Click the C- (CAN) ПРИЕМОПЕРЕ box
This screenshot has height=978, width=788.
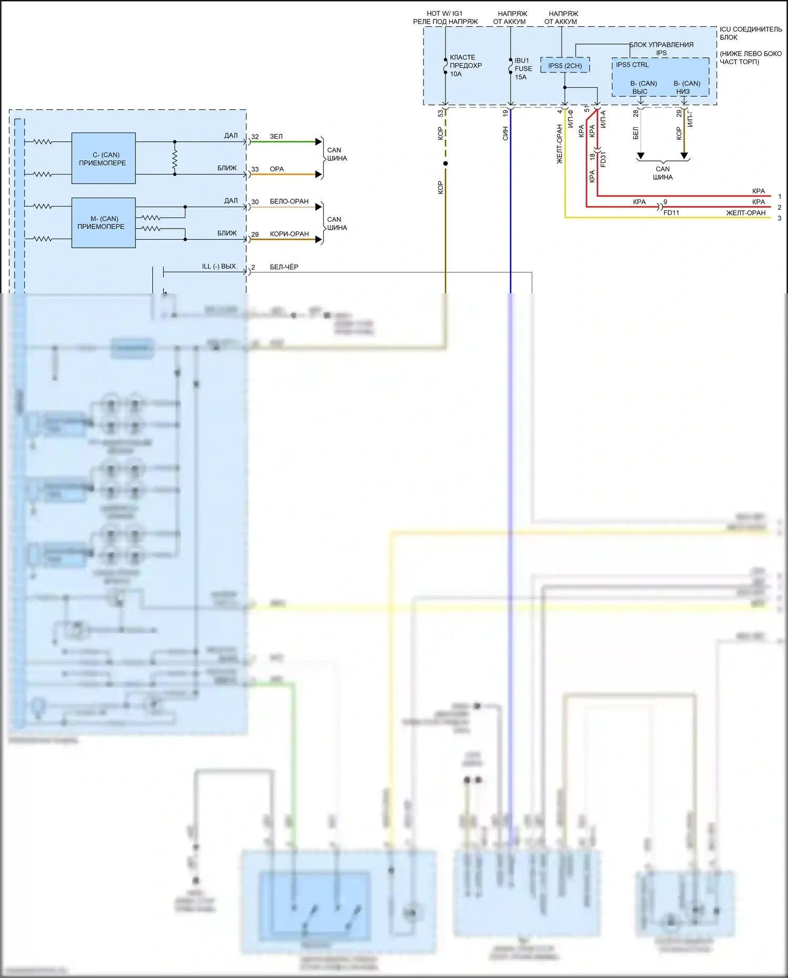pos(103,158)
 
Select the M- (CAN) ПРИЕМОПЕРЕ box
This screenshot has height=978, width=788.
pos(103,222)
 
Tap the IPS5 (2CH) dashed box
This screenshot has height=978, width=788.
pos(565,66)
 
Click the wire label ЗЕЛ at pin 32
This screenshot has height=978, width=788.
pos(276,137)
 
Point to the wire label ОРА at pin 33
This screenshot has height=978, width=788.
pos(277,169)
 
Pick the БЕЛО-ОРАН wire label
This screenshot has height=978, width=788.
pos(289,201)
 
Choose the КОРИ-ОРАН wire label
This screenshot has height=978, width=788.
pos(289,234)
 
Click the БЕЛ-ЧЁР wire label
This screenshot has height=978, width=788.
pos(284,267)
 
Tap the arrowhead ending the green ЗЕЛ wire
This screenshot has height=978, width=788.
pos(318,142)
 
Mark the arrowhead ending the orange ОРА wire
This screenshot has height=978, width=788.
pos(318,174)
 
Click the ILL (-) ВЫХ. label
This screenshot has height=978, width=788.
pos(220,266)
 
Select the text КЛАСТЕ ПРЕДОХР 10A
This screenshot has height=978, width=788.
pos(465,66)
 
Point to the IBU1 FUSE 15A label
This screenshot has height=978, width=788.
pos(523,69)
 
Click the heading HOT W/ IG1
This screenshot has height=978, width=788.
pos(444,14)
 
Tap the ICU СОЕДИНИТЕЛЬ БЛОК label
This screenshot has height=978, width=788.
pos(750,33)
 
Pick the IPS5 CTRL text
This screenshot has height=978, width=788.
pos(632,65)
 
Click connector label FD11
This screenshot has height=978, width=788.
pos(671,213)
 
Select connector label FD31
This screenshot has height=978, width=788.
pos(603,159)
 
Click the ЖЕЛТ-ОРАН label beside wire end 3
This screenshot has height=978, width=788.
pos(745,213)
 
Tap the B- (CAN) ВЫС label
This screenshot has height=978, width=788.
pos(643,87)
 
